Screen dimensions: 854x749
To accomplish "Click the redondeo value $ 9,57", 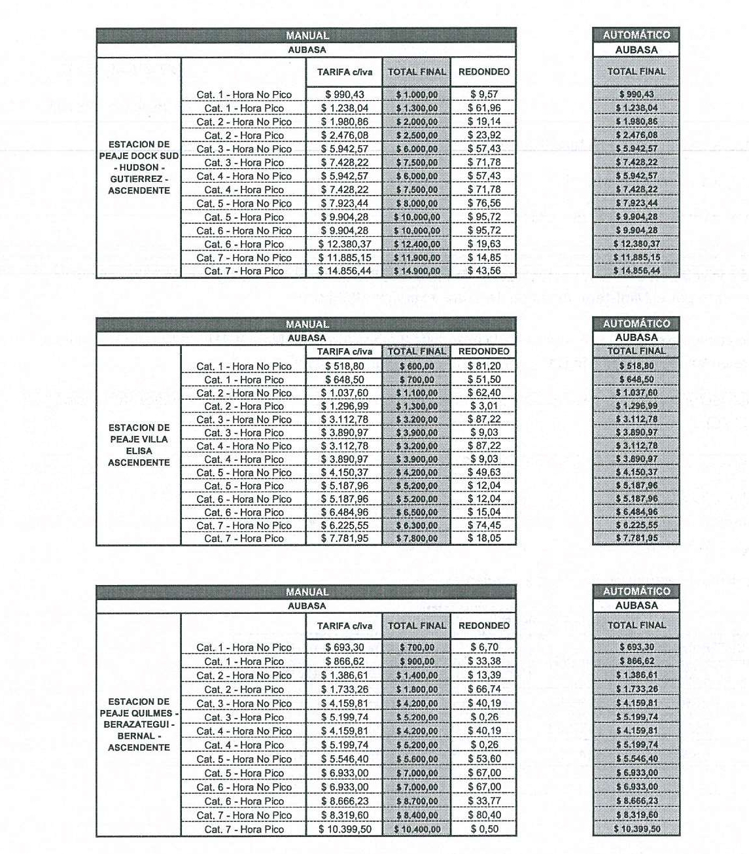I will [x=484, y=94].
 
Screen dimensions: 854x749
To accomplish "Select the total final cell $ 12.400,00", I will [x=417, y=244].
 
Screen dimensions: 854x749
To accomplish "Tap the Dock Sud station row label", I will [x=139, y=168].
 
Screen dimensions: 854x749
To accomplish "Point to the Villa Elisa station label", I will [x=139, y=445].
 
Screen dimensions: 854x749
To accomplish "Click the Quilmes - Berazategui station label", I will [x=139, y=724].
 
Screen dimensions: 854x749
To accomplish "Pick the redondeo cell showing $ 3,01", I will [x=484, y=406].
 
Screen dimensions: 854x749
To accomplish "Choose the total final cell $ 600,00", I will [x=417, y=366].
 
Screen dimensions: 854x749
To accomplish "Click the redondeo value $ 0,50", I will [x=484, y=829].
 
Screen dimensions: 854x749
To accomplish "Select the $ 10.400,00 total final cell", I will [x=417, y=829].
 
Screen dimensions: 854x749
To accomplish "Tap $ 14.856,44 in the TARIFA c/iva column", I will [x=345, y=271].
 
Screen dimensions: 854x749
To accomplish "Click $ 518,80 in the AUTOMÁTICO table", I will [x=636, y=366].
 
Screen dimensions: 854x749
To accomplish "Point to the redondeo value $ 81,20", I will [x=484, y=366].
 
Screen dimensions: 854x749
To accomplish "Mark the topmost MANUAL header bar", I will [x=306, y=35].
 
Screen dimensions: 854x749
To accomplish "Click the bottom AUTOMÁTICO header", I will [x=636, y=591].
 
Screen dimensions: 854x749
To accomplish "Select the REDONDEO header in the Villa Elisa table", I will [x=484, y=351].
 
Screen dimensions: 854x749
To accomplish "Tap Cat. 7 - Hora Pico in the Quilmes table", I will [x=244, y=829].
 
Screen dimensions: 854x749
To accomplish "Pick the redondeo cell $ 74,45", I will [x=484, y=525].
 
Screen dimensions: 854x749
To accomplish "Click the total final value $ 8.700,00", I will [x=417, y=801].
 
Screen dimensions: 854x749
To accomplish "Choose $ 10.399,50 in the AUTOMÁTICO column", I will [x=636, y=828].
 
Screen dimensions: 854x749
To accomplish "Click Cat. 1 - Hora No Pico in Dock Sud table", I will [x=244, y=94].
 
